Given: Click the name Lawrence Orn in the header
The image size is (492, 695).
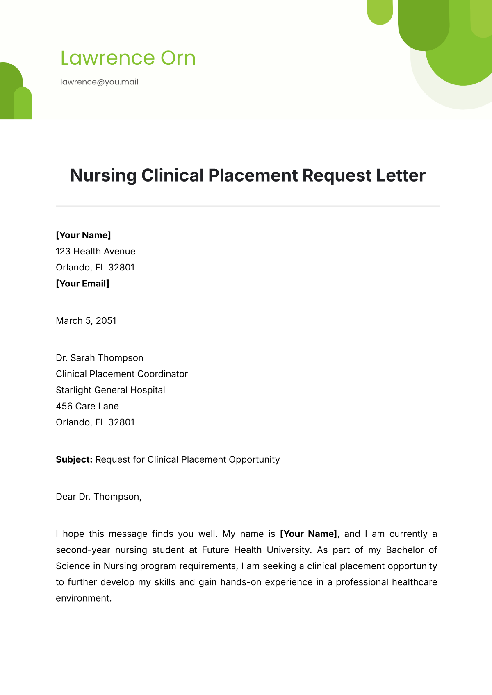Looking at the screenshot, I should (x=128, y=58).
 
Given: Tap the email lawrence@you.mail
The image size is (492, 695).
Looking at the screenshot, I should (x=99, y=82).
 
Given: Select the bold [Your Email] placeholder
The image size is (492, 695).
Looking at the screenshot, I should (x=82, y=284).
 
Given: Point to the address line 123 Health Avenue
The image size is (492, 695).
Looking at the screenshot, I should (x=96, y=251).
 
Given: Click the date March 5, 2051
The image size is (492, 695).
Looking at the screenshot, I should (x=86, y=320).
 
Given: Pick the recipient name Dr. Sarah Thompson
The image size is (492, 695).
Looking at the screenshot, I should (x=100, y=358).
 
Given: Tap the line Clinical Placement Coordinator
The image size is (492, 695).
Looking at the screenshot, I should (x=122, y=374).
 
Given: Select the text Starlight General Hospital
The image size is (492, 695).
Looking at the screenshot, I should (x=110, y=390).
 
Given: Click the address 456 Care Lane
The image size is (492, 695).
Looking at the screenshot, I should (x=87, y=406).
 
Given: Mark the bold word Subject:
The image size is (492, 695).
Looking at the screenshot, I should (x=74, y=459).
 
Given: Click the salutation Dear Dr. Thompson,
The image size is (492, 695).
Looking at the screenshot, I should (x=98, y=497).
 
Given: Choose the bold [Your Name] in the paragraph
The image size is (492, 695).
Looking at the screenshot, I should (x=308, y=534).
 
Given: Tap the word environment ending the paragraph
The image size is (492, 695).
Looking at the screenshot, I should (x=83, y=598).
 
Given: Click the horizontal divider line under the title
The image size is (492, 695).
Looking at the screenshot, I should (x=248, y=206).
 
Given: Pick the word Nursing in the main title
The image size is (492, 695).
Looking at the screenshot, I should (x=103, y=175).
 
